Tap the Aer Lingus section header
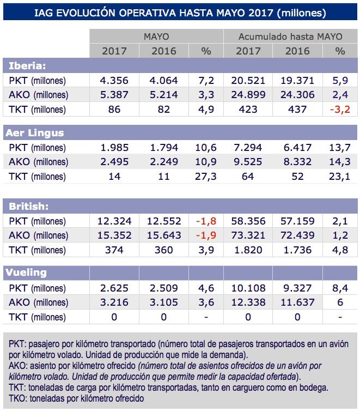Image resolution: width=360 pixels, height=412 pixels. tap(34, 132)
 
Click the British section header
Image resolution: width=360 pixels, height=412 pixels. tap(28, 206)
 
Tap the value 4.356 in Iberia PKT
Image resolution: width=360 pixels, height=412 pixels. tap(114, 80)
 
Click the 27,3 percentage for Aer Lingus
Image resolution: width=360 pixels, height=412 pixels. tap(206, 175)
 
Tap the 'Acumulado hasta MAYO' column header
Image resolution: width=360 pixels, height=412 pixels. tap(290, 37)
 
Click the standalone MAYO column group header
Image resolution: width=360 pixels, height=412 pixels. tap(156, 37)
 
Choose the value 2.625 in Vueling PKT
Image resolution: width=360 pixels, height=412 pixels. tap(114, 288)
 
